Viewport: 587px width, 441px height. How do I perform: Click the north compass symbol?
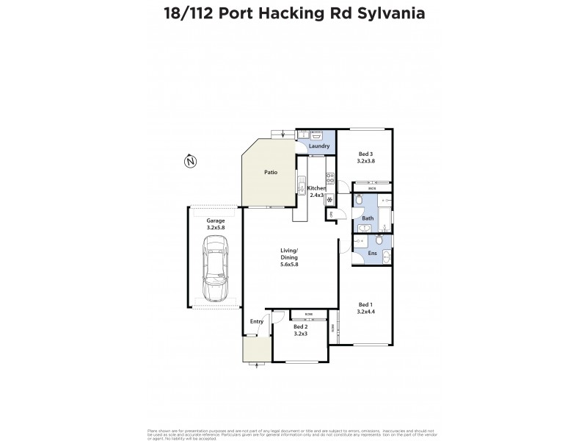point(190,161)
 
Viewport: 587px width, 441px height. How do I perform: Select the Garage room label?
point(215,220)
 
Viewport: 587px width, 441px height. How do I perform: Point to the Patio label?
point(270,173)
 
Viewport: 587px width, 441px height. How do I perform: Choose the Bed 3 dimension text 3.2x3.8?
point(366,160)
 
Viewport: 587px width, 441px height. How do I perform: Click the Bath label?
point(367,218)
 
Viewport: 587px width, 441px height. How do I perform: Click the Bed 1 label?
point(365,304)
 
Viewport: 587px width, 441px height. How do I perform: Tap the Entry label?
point(256,321)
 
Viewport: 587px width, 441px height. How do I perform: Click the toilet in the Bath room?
point(357,200)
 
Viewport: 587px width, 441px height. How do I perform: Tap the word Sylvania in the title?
point(386,12)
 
